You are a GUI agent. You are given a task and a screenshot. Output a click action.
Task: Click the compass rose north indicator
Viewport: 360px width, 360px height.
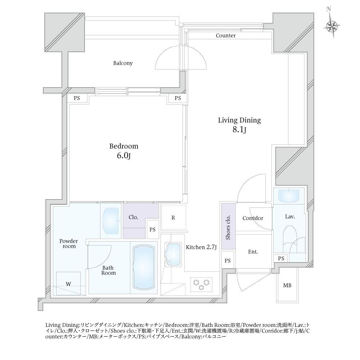[x=331, y=25]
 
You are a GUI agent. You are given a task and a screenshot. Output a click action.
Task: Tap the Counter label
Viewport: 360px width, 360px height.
[x=225, y=36]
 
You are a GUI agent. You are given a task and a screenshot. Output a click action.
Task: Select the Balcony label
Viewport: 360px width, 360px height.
[x=123, y=63]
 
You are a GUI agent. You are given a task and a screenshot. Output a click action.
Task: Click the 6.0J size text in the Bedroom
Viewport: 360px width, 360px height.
[x=124, y=156]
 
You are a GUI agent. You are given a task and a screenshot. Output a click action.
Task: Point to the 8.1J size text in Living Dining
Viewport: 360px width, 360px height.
[x=239, y=130]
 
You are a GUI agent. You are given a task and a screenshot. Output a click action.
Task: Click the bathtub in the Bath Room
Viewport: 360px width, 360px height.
[x=144, y=267]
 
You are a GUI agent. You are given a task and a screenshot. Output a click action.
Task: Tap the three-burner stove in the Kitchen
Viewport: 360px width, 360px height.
[x=201, y=284]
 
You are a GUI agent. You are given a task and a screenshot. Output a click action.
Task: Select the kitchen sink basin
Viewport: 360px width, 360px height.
[x=174, y=255]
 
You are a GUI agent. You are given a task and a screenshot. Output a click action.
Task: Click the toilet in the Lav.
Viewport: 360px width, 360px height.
[x=290, y=239]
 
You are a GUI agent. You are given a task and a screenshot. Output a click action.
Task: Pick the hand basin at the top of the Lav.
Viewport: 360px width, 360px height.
[x=289, y=195]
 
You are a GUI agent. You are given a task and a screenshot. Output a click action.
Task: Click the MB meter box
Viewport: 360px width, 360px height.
[x=287, y=285]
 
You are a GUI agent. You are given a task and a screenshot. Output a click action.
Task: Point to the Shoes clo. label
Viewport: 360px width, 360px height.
[x=228, y=228]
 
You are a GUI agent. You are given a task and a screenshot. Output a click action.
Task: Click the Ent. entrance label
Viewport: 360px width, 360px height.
[x=253, y=252]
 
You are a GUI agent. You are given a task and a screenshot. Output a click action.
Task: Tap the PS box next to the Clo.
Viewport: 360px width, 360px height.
[x=152, y=230]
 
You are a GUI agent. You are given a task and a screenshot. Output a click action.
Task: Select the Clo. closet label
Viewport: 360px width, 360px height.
[x=134, y=217]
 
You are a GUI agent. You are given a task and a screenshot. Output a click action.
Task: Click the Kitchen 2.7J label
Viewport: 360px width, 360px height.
[x=201, y=247]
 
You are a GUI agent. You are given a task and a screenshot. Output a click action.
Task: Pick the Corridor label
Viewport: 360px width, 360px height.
[x=253, y=218]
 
